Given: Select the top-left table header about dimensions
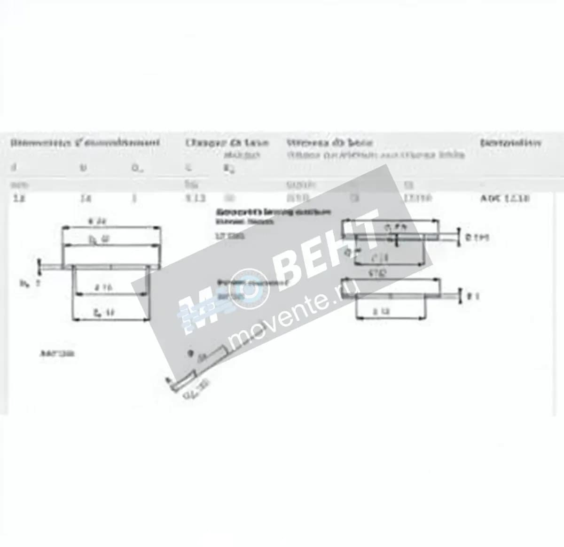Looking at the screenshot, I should (85, 143).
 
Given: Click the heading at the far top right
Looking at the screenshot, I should (510, 142).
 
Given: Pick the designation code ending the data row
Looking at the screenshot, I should (505, 198).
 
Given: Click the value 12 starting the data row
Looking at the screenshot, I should (19, 198).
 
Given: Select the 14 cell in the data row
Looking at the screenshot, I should (85, 198).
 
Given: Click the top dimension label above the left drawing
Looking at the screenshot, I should (96, 221).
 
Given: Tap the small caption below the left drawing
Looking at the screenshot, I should (59, 354).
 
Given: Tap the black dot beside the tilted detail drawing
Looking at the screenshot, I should (190, 353).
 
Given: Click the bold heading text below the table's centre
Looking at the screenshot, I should (273, 212).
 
